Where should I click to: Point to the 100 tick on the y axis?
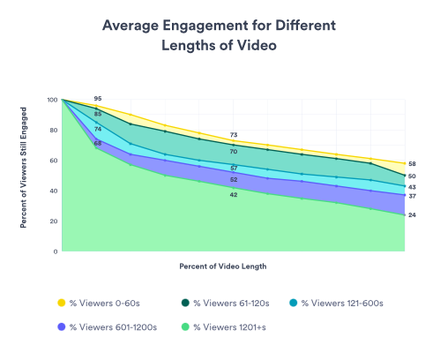[x=52, y=101]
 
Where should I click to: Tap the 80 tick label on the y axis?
[x=54, y=131]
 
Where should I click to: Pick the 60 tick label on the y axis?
[x=54, y=161]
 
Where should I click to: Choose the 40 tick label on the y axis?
[x=54, y=191]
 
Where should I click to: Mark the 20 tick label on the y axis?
[x=54, y=221]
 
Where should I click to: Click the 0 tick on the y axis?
[x=56, y=251]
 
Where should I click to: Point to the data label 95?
[x=98, y=99]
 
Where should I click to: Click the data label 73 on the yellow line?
[x=234, y=135]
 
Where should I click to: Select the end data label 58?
[x=413, y=164]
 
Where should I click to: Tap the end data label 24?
[x=413, y=215]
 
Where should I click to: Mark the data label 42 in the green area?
[x=234, y=194]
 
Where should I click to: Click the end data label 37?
[x=413, y=196]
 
